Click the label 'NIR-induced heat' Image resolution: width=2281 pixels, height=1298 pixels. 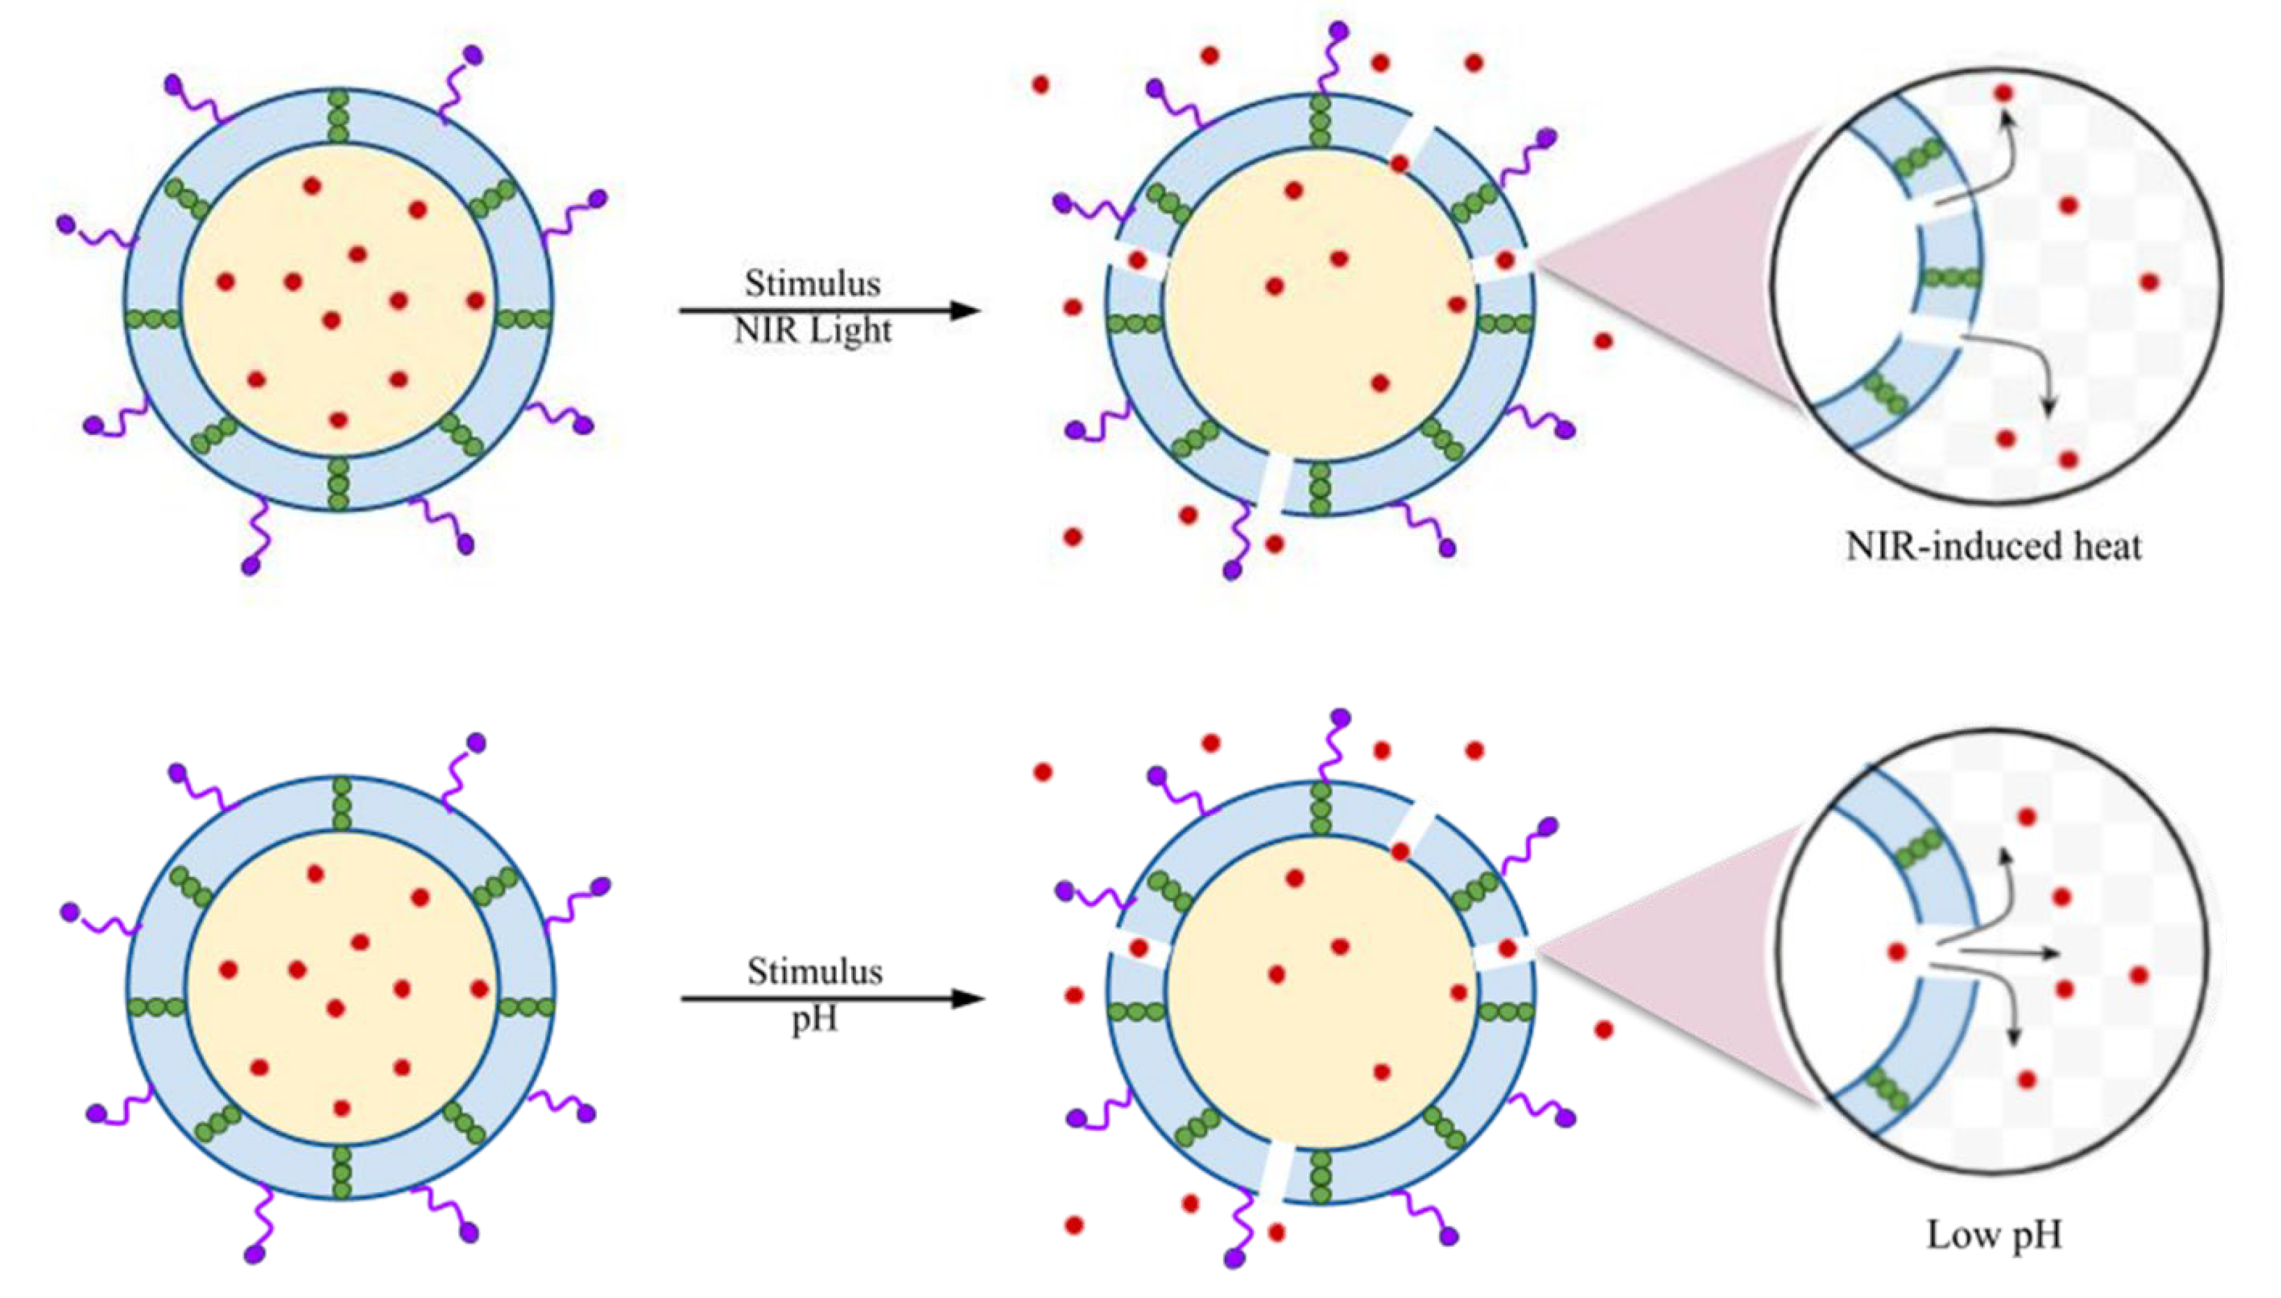(x=1993, y=546)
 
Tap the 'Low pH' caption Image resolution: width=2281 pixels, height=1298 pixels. (x=1994, y=1236)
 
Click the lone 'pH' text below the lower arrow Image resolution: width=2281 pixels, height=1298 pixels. (x=815, y=1019)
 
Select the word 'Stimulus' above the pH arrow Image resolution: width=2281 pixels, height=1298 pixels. (x=815, y=971)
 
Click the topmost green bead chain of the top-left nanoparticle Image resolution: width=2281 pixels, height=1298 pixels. (x=337, y=116)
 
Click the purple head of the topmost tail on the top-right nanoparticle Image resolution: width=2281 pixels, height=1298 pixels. (x=1338, y=30)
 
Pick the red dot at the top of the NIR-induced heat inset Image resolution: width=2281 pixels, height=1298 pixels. (x=2004, y=93)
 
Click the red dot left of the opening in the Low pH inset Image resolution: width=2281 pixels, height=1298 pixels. (x=1895, y=951)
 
